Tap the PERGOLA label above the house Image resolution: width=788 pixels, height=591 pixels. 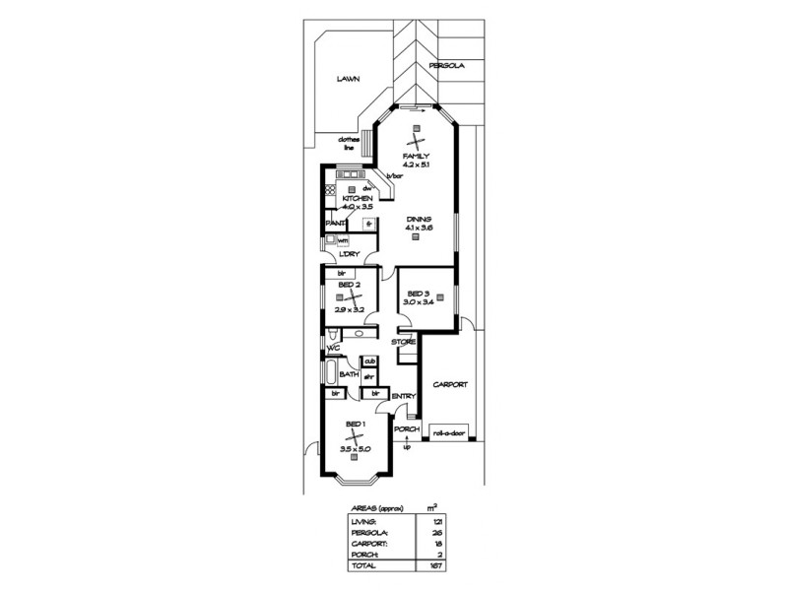(x=444, y=66)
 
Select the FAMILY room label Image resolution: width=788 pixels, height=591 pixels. (x=415, y=157)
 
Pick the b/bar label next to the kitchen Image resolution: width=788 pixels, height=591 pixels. (x=394, y=175)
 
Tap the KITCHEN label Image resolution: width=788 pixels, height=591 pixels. (x=358, y=198)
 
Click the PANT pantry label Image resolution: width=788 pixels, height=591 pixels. (x=334, y=224)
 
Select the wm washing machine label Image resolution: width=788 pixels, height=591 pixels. (x=343, y=239)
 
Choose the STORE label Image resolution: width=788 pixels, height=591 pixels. (x=404, y=342)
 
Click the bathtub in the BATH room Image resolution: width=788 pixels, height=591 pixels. (x=328, y=377)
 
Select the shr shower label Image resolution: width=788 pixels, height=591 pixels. (x=368, y=375)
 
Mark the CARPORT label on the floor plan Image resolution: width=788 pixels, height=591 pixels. (x=448, y=385)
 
